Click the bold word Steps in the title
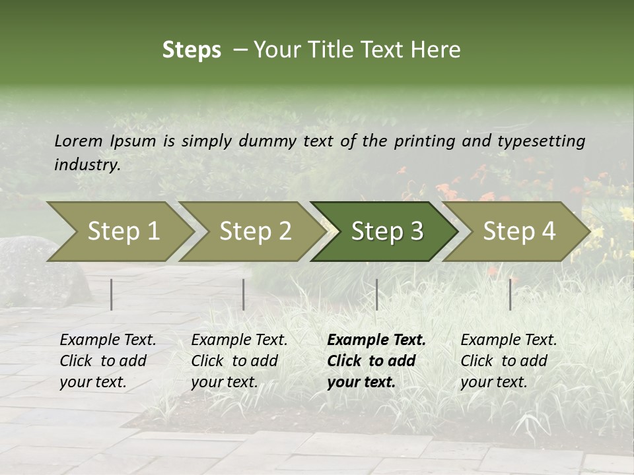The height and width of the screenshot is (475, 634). [192, 50]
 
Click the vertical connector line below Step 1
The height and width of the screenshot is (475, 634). [112, 294]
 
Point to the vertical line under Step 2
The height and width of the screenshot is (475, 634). [244, 294]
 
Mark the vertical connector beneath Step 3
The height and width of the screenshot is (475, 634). [376, 294]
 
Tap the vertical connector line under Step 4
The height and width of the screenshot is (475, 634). [510, 294]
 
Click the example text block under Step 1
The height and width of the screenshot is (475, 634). [108, 361]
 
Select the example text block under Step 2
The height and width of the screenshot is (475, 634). [239, 361]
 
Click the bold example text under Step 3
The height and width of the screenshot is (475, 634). [376, 361]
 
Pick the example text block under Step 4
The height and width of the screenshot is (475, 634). [509, 361]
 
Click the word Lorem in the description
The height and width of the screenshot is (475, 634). [79, 141]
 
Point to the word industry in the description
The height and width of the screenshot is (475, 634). [87, 165]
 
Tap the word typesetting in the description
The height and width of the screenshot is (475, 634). [544, 141]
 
